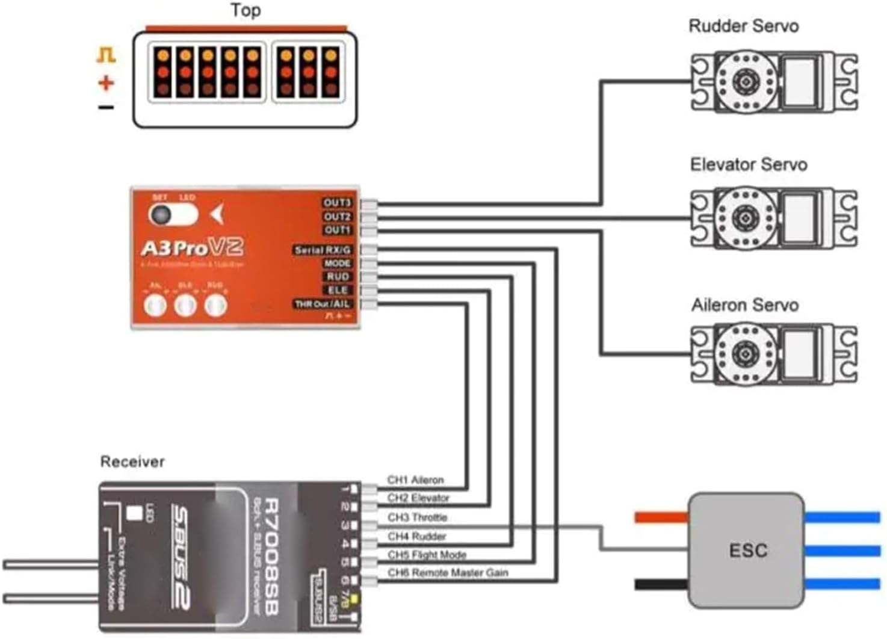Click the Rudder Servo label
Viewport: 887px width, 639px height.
(x=743, y=26)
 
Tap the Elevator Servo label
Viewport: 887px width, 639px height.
(x=748, y=165)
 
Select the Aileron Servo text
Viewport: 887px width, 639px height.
(x=744, y=305)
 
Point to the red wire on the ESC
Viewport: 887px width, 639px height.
(x=661, y=517)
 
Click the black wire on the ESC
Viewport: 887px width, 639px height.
(x=661, y=584)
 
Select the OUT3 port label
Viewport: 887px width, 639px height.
(x=337, y=203)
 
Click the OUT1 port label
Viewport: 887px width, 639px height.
(x=337, y=230)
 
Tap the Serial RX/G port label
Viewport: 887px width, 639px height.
(x=323, y=250)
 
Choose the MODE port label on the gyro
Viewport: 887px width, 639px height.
(x=337, y=264)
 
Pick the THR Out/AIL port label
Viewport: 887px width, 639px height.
(x=323, y=304)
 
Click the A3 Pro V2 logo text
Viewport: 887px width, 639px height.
(x=192, y=247)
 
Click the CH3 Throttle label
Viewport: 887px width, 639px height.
(x=417, y=517)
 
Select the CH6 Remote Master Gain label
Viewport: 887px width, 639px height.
(x=448, y=573)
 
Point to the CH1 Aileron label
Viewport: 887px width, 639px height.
(x=415, y=480)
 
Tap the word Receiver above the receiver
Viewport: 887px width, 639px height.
(x=132, y=461)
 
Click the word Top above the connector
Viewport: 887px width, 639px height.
(x=246, y=10)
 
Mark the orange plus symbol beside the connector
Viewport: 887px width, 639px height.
(x=107, y=82)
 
